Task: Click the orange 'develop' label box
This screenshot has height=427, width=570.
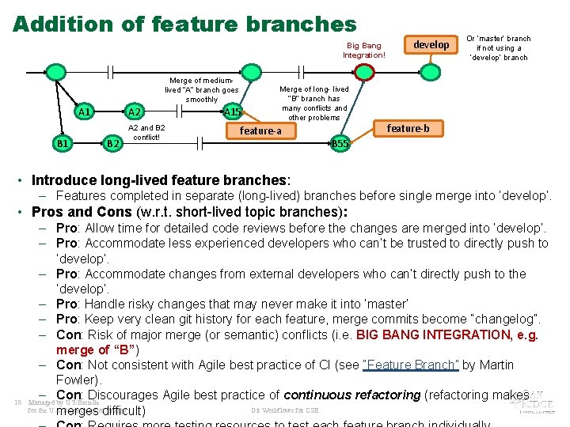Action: tap(431, 45)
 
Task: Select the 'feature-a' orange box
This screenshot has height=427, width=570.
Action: tap(260, 130)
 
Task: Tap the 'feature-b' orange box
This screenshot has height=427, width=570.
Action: tap(408, 128)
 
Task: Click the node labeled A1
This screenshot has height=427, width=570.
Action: tap(84, 111)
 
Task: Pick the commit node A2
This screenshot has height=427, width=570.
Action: tap(134, 111)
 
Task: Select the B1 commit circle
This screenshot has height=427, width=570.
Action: tap(63, 143)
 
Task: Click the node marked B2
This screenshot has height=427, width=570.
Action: tap(112, 143)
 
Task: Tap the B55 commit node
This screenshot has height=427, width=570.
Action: tap(340, 143)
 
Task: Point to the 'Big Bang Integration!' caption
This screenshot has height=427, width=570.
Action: tap(364, 51)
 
